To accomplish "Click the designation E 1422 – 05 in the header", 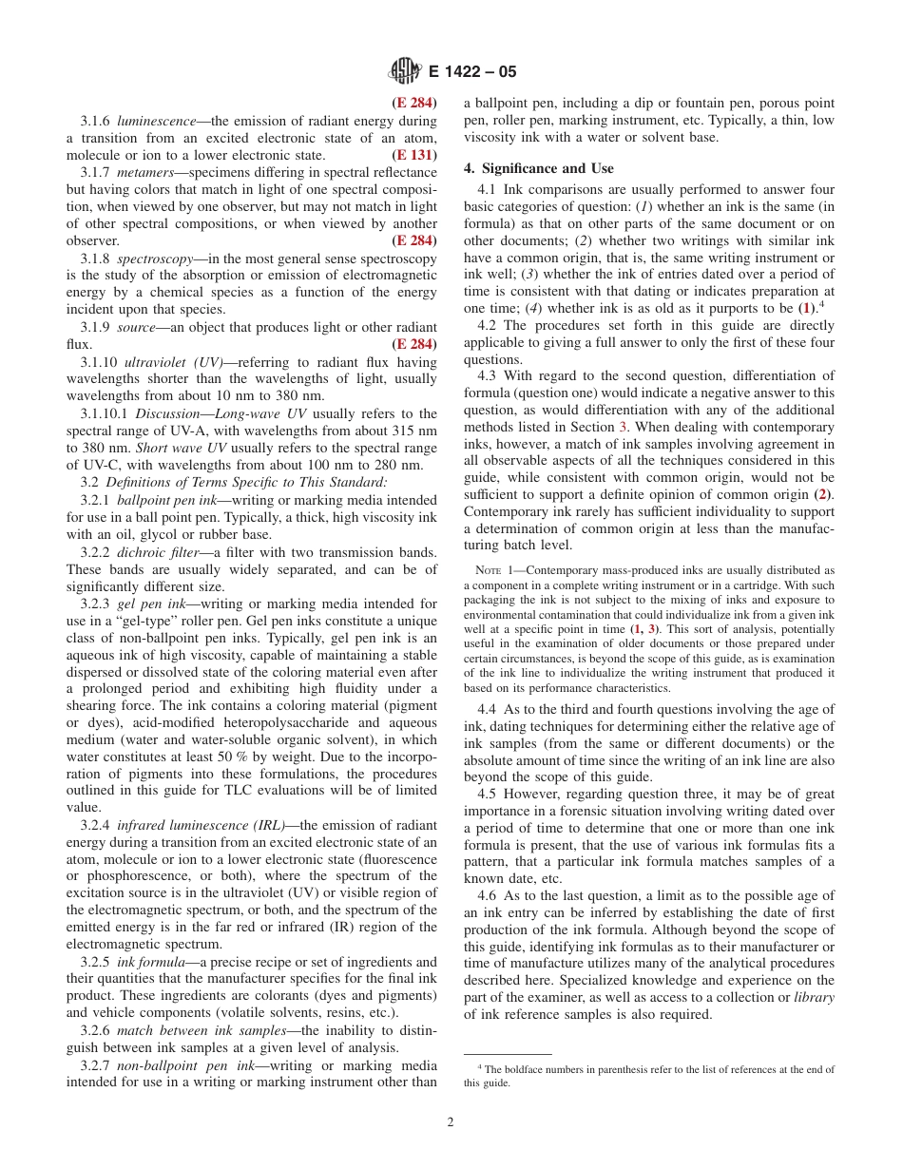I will [472, 71].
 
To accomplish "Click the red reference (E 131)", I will [414, 155].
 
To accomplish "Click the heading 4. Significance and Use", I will [538, 168].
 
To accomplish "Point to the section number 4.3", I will [486, 375].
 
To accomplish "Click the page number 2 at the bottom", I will [451, 1121].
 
